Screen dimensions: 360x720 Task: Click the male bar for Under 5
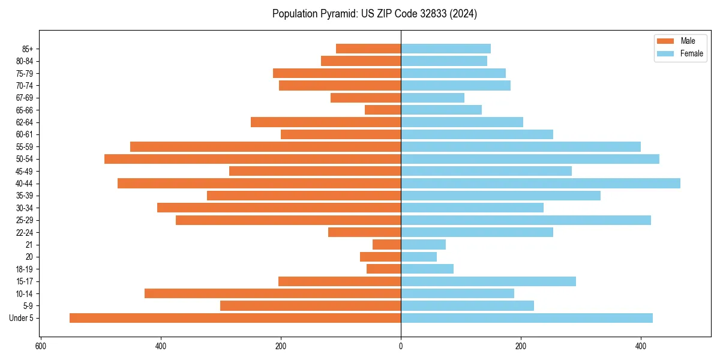tap(235, 318)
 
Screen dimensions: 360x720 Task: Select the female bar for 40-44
tap(541, 184)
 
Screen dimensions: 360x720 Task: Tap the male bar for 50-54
tap(253, 159)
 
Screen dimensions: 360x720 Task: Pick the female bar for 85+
tap(446, 49)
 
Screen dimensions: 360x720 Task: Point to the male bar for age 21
tap(386, 245)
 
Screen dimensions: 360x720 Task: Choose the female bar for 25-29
tap(526, 220)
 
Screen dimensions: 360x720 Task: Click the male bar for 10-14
tap(272, 293)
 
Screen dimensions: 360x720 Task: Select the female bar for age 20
tap(419, 257)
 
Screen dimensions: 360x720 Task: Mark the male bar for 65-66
tap(383, 110)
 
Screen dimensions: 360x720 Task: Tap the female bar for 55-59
tap(521, 146)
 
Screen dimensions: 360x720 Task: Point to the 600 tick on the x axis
tap(41, 346)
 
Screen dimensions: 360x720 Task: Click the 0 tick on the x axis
tap(401, 346)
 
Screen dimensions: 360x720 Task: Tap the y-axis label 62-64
tap(24, 122)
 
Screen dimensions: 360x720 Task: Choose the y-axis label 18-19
tap(24, 269)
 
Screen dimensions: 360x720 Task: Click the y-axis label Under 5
tap(21, 318)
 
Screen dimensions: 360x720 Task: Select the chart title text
tap(374, 14)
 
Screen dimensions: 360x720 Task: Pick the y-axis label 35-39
tap(24, 196)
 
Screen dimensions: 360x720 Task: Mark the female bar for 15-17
tap(488, 281)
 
